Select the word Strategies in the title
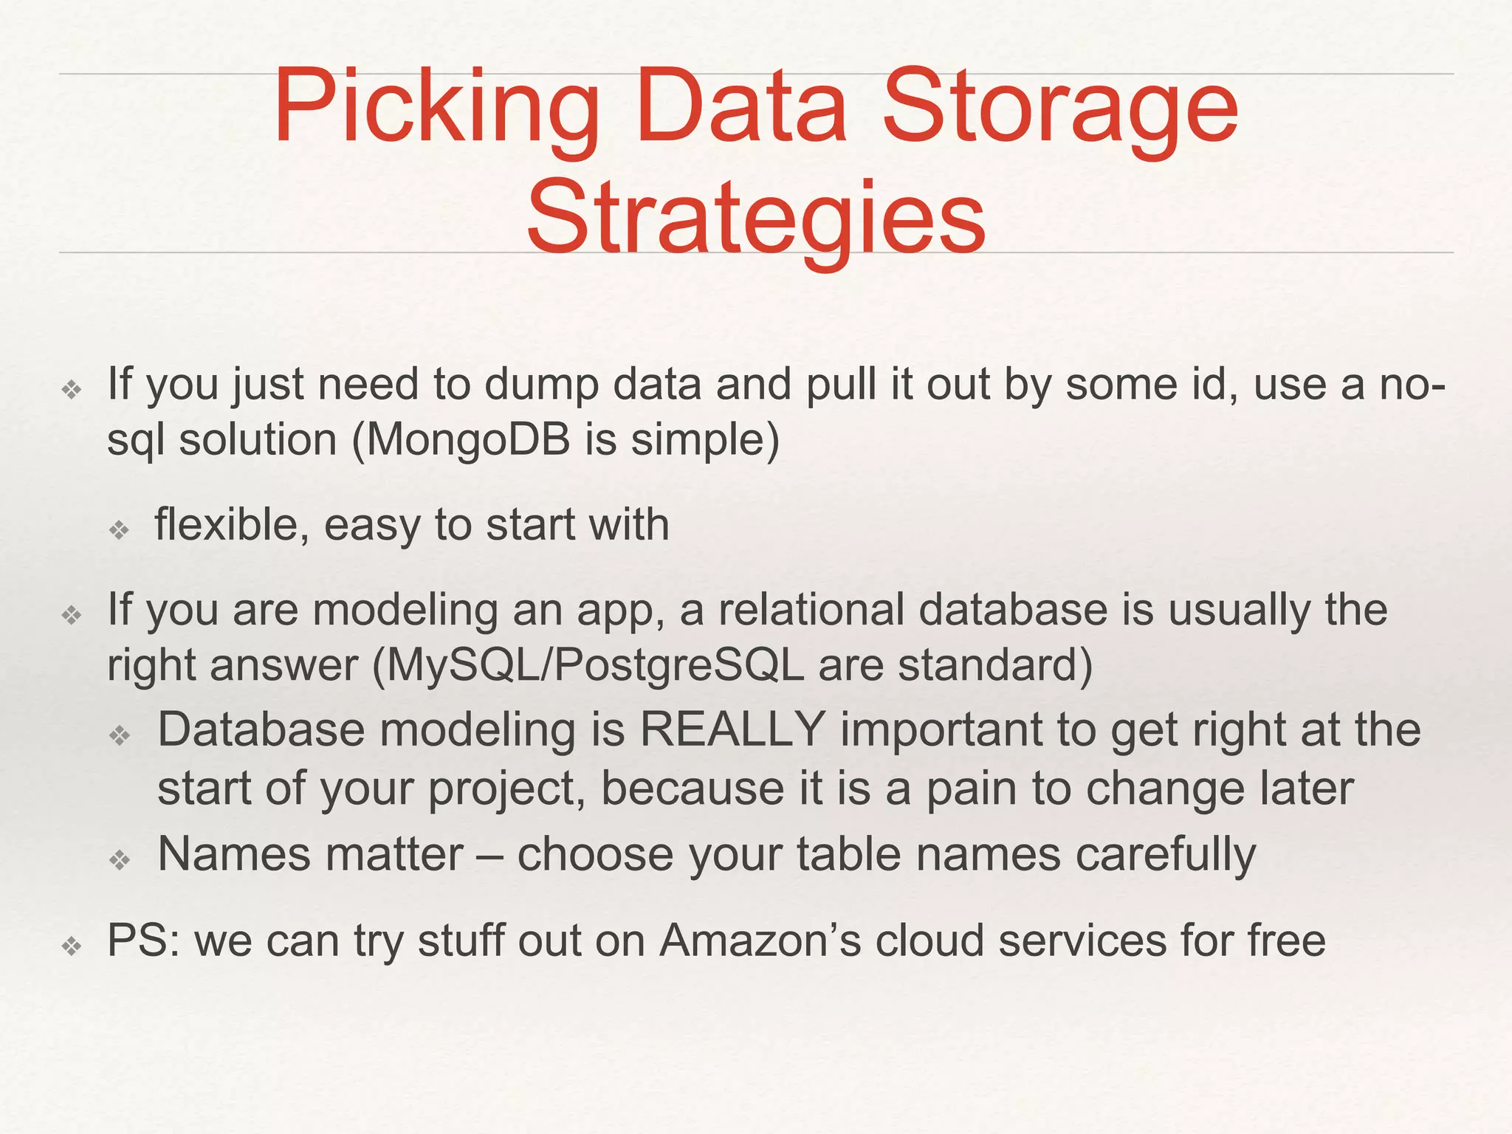756,218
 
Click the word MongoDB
468,440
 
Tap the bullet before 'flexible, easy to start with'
119,529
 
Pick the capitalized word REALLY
732,729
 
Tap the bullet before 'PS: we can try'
72,945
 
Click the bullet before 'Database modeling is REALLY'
119,734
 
